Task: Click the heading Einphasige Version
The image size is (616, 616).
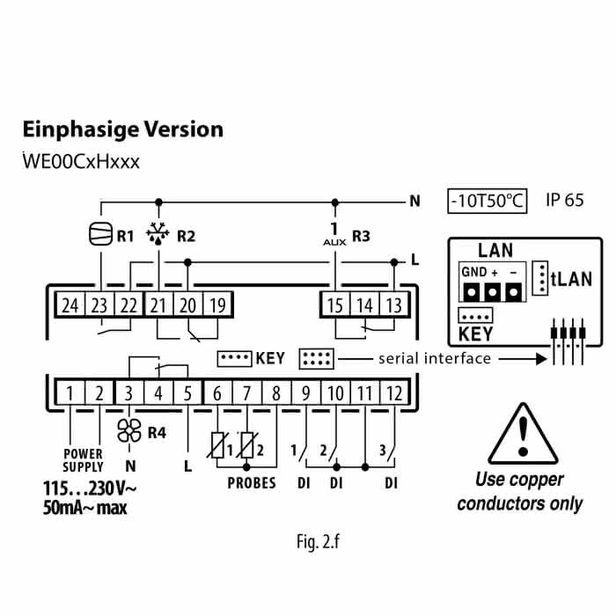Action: pyautogui.click(x=122, y=130)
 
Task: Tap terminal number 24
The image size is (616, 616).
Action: pyautogui.click(x=70, y=305)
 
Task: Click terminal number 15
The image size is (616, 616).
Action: pyautogui.click(x=335, y=305)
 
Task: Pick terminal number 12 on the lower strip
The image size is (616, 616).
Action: pyautogui.click(x=393, y=392)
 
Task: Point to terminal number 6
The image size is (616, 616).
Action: pyautogui.click(x=217, y=392)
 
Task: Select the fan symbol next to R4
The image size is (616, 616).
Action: pyautogui.click(x=129, y=431)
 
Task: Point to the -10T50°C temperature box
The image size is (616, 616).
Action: pyautogui.click(x=487, y=201)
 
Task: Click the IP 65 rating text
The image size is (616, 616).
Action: pyautogui.click(x=564, y=201)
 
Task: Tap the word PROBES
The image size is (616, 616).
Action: pyautogui.click(x=252, y=483)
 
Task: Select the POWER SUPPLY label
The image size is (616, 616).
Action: pyautogui.click(x=84, y=461)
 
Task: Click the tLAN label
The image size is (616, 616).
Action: pyautogui.click(x=571, y=280)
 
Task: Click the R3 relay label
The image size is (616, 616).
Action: pyautogui.click(x=362, y=236)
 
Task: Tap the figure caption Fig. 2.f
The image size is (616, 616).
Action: pyautogui.click(x=318, y=541)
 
